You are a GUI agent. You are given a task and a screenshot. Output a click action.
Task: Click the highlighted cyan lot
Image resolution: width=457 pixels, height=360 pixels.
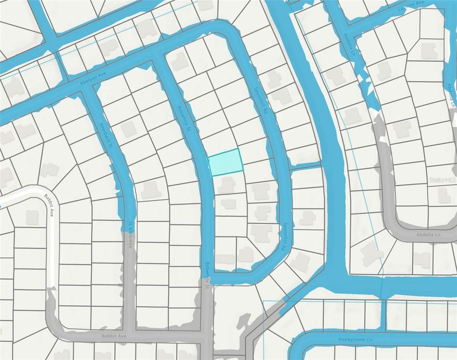225,162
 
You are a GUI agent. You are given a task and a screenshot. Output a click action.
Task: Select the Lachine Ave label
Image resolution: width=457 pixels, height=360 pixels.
413,8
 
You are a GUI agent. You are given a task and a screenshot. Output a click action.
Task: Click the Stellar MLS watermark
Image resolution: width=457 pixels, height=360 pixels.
442,180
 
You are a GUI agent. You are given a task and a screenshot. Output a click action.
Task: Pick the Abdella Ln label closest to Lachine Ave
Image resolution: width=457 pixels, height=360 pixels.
348,45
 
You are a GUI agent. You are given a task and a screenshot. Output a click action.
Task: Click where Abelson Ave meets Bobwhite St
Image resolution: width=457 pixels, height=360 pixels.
158,57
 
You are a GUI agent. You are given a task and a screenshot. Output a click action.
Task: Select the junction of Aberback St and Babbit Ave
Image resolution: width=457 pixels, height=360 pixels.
130,336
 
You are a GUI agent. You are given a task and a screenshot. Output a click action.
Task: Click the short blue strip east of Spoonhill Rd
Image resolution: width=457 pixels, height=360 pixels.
305,165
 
